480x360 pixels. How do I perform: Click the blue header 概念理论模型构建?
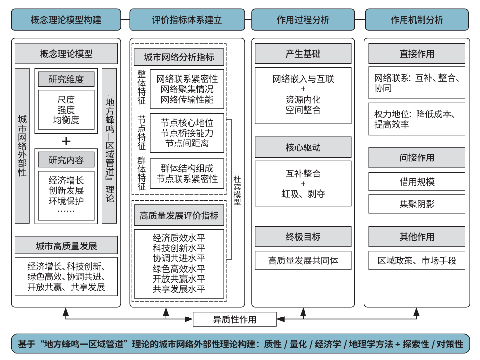coord(66,20)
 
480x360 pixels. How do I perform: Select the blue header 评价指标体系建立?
coord(187,20)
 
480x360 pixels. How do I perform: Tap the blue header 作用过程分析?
coord(303,20)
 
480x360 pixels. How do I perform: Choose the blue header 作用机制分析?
coord(417,20)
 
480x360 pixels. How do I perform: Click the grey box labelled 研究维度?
coord(66,80)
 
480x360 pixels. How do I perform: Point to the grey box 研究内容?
coord(66,160)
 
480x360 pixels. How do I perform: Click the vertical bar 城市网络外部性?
coord(22,146)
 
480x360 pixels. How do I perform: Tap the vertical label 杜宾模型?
coord(237,190)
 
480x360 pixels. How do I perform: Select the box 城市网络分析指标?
coord(179,57)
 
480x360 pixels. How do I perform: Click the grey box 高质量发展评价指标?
coord(179,216)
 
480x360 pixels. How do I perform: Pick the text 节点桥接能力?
coord(187,133)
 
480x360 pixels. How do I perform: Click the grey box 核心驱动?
coord(303,147)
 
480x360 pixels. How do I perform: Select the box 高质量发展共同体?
coord(303,260)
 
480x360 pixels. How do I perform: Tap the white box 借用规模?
coord(417,182)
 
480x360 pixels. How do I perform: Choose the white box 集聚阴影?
coord(417,204)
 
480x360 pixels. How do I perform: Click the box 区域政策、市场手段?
coord(417,260)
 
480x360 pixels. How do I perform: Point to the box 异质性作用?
coord(235,319)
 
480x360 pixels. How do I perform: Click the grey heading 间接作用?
coord(417,158)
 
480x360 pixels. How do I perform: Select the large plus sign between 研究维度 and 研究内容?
coord(66,141)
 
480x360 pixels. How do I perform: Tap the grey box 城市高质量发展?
coord(66,245)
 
